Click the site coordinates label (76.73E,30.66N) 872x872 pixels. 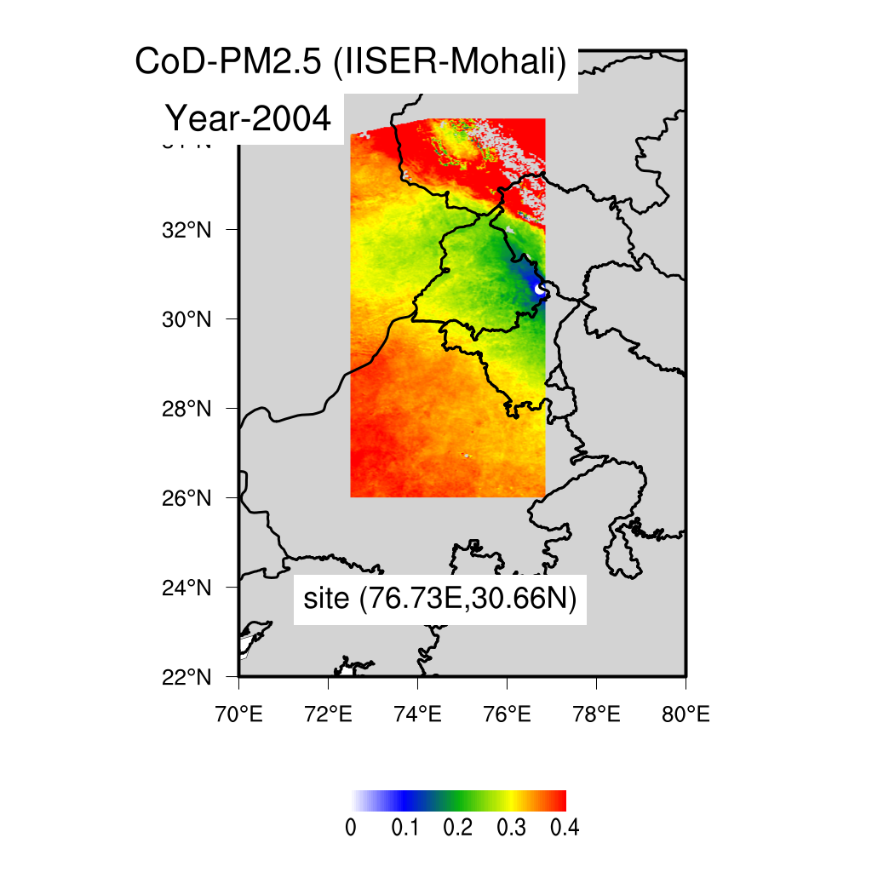click(x=440, y=599)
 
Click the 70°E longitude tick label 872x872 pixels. click(x=238, y=713)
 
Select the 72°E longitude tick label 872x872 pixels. click(x=328, y=713)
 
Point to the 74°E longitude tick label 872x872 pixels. click(x=417, y=713)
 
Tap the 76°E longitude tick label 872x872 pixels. click(x=507, y=713)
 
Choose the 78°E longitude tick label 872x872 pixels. click(x=596, y=713)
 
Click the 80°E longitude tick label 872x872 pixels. click(x=686, y=713)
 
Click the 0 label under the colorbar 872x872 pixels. click(x=351, y=829)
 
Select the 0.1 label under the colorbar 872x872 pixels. click(x=404, y=829)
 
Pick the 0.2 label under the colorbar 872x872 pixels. click(x=458, y=829)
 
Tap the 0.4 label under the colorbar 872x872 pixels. click(x=565, y=829)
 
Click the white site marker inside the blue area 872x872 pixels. click(x=539, y=290)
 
